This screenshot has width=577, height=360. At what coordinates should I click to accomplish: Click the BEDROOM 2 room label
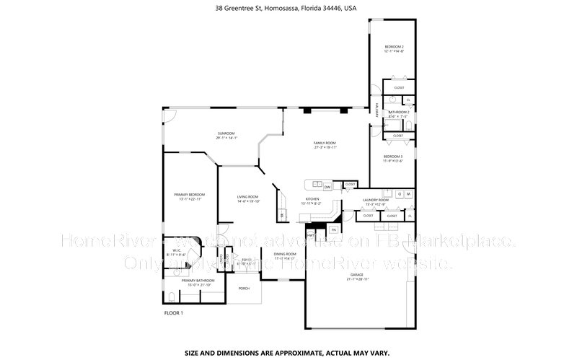point(393,47)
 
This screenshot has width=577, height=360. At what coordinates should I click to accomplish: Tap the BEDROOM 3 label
point(393,157)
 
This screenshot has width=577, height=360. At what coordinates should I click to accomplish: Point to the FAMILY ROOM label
point(324,144)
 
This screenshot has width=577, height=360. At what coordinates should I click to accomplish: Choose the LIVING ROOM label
point(248,196)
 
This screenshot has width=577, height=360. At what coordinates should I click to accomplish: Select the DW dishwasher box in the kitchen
point(327,187)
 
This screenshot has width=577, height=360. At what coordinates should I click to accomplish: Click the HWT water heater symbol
point(311,234)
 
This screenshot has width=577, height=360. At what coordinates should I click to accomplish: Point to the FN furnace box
point(333,230)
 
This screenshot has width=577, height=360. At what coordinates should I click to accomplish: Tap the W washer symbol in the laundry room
point(408,194)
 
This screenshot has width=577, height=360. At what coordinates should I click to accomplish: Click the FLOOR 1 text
point(174,313)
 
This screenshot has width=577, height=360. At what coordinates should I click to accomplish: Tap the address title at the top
point(286,9)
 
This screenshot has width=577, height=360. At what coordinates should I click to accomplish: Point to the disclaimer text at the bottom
point(287,354)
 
